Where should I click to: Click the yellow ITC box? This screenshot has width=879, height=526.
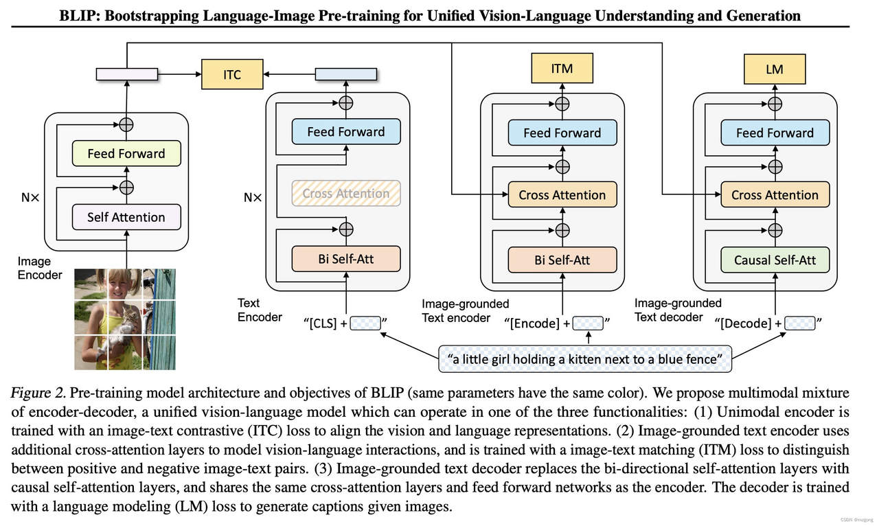tap(232, 74)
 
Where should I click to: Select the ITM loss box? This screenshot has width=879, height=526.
tap(562, 69)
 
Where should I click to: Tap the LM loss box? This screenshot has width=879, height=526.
tap(775, 69)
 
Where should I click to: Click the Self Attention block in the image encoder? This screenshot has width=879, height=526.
tap(126, 217)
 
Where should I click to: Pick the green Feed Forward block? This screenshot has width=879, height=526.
tap(126, 154)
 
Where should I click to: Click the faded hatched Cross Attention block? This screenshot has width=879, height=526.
tap(346, 194)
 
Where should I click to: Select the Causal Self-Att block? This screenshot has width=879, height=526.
tap(775, 260)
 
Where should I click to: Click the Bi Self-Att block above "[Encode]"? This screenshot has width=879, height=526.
tap(562, 260)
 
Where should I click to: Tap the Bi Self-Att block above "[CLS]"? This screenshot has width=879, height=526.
tap(346, 259)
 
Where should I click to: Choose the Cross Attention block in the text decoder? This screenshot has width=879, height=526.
tap(775, 195)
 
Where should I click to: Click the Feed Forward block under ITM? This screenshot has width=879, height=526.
tap(562, 133)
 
